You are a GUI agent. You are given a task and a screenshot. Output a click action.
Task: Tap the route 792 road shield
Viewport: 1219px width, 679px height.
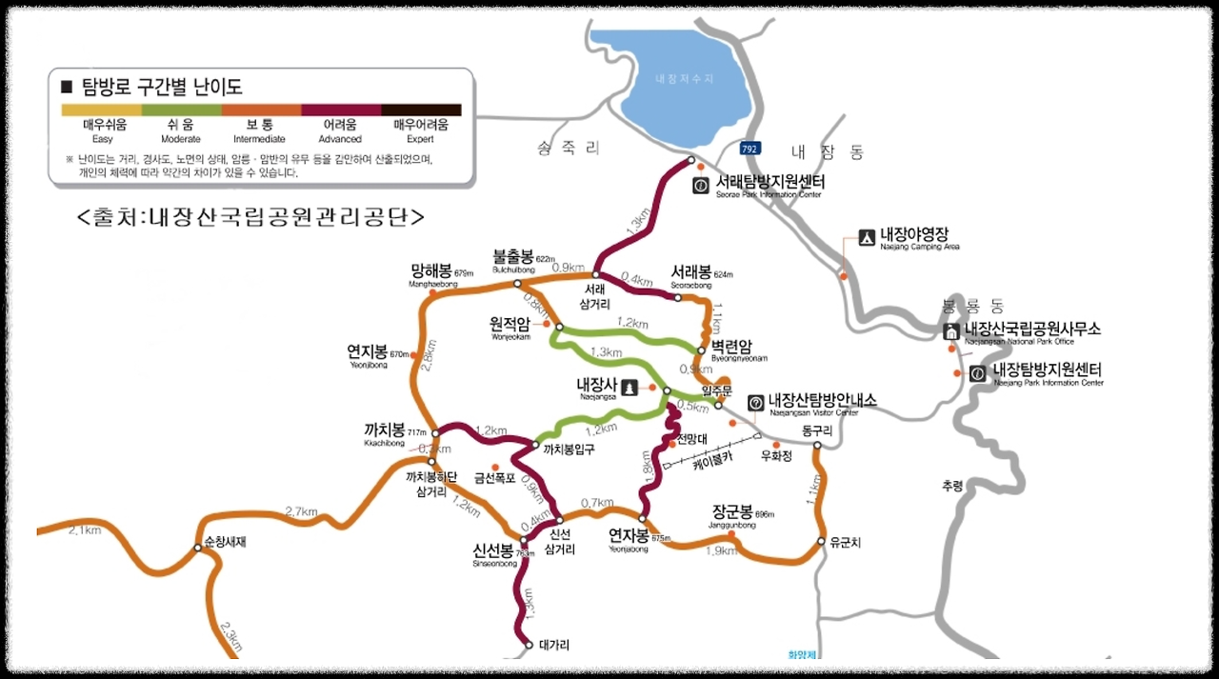(x=749, y=148)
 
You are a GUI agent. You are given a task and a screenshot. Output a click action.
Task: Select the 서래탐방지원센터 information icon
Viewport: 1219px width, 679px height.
(x=701, y=185)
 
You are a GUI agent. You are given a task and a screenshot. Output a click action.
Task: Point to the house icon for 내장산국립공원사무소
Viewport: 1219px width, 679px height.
(x=950, y=331)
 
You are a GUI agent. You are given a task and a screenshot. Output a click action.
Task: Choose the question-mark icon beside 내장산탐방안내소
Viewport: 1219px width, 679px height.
(x=755, y=403)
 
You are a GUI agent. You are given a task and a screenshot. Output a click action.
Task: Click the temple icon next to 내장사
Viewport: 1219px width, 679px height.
(x=629, y=388)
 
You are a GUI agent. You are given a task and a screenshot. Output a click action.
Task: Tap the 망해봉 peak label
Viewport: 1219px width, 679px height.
(x=432, y=271)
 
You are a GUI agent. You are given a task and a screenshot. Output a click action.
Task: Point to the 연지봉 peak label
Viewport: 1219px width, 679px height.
(x=368, y=351)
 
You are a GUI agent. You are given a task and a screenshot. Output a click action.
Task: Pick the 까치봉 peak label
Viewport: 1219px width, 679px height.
(x=385, y=429)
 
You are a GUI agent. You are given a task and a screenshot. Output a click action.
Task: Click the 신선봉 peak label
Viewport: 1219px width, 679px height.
(x=493, y=550)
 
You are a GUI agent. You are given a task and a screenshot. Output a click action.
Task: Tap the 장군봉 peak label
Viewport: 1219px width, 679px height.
(x=732, y=511)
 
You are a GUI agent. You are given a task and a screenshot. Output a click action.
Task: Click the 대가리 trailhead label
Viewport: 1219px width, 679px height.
(x=553, y=645)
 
